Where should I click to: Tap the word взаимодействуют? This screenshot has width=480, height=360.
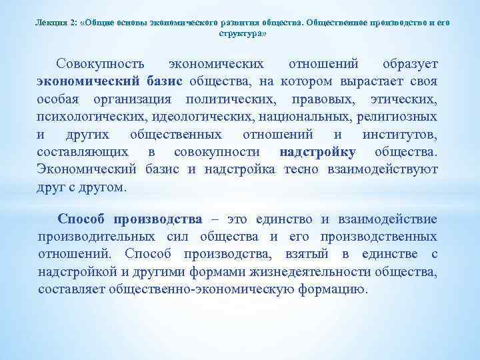383,169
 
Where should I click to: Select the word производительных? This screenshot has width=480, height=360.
94,236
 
